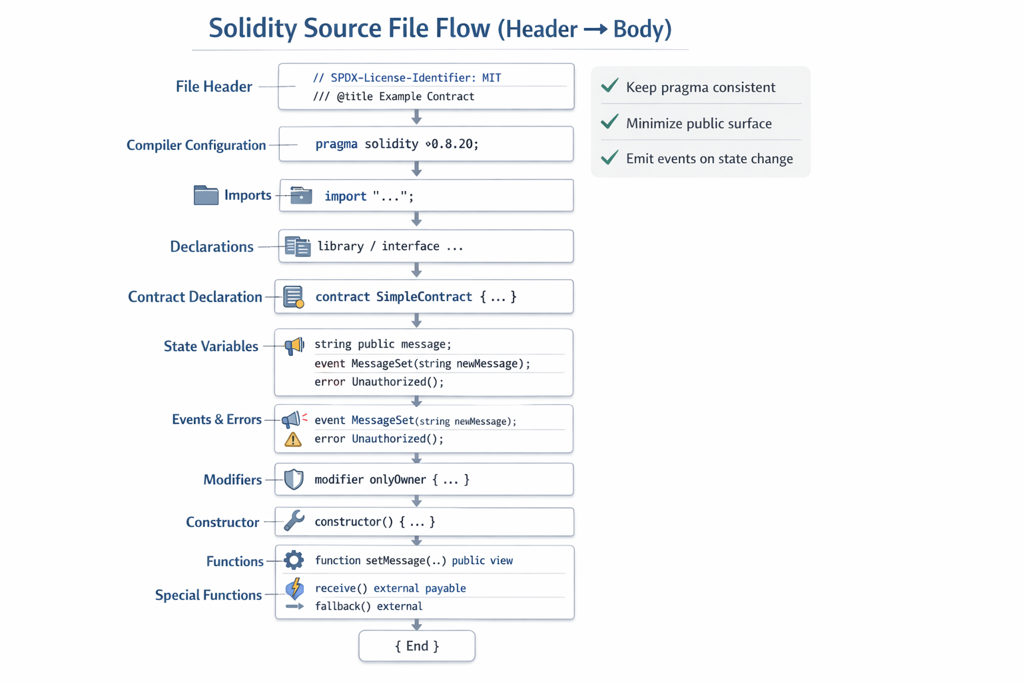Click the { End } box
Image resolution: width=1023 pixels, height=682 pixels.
(417, 646)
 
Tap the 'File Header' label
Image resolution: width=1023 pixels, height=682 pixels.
(214, 87)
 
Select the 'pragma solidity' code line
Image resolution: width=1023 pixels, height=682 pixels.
(397, 144)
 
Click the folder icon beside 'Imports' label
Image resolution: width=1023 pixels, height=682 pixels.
(206, 195)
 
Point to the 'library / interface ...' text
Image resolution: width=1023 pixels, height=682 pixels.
(390, 246)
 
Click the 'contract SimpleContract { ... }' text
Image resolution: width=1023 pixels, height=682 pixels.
(416, 297)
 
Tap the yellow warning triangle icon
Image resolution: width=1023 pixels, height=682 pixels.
(293, 440)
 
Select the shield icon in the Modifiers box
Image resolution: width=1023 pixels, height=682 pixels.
(294, 480)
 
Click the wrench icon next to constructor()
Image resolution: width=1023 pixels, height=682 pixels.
(294, 521)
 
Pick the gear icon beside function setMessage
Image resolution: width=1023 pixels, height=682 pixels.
(294, 560)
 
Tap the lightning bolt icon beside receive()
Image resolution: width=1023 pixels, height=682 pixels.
(294, 588)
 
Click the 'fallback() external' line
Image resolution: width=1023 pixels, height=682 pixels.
(368, 607)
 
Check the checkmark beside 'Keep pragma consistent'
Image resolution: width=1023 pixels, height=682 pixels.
(609, 87)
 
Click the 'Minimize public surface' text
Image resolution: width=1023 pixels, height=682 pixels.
(699, 123)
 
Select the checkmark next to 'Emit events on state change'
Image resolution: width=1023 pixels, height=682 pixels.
(609, 159)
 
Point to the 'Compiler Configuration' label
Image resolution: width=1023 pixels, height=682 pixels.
(196, 145)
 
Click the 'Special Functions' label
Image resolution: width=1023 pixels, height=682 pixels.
(208, 595)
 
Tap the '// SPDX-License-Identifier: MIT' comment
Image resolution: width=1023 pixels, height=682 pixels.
(407, 78)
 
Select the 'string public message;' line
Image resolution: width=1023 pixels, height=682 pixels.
(383, 344)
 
